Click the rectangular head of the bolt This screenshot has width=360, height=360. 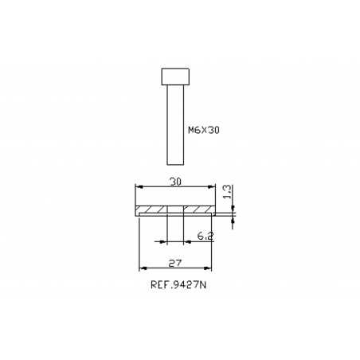click(x=177, y=76)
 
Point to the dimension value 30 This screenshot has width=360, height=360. click(x=176, y=182)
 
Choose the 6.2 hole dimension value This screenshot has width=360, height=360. click(x=204, y=237)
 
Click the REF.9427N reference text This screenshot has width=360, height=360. click(x=177, y=284)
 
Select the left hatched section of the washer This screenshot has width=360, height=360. click(x=152, y=210)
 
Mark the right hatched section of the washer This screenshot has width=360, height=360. click(x=199, y=210)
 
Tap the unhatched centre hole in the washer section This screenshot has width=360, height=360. click(x=176, y=210)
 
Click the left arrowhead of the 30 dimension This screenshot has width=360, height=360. click(x=139, y=187)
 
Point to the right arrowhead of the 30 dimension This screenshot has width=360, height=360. click(x=213, y=187)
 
